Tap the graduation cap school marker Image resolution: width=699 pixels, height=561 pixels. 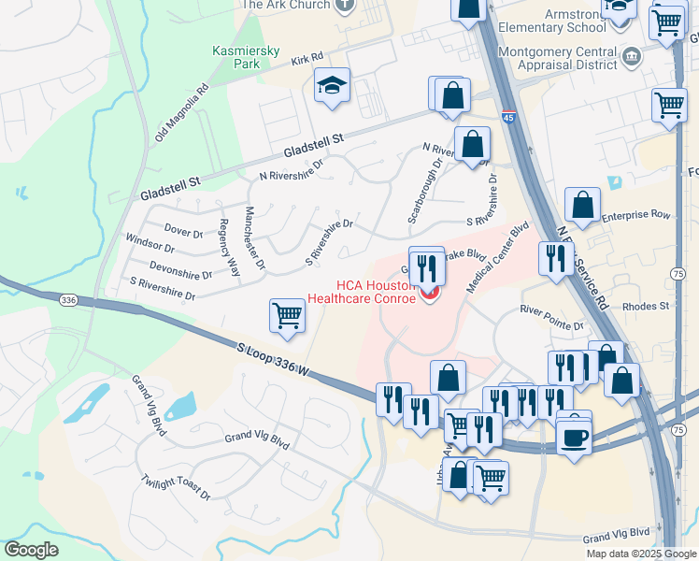click(x=332, y=86)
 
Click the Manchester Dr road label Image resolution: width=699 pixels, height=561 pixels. click(x=254, y=239)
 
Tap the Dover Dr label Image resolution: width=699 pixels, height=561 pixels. click(x=183, y=232)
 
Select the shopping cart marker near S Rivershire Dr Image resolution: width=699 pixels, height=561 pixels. click(x=287, y=315)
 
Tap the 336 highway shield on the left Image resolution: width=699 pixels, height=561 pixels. click(x=67, y=300)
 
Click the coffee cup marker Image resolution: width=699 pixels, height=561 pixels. click(x=574, y=437)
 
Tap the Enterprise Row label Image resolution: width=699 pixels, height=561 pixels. click(x=636, y=215)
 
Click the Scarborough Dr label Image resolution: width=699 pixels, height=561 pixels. click(x=423, y=192)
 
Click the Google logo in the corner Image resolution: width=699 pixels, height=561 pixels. click(x=31, y=550)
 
